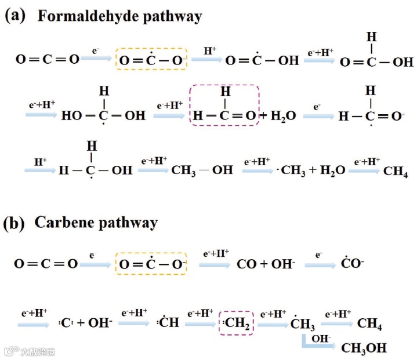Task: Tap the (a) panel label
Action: [16, 16]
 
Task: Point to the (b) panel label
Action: [16, 223]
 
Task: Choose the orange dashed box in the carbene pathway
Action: [151, 264]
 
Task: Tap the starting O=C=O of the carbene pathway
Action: [46, 264]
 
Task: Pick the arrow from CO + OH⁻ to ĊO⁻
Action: [321, 264]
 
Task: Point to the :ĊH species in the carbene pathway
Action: [170, 323]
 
